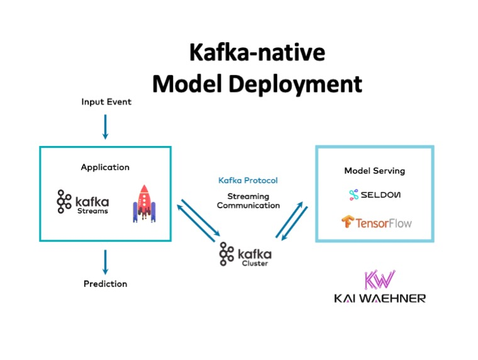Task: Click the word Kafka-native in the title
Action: point(257,53)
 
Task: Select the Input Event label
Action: point(106,101)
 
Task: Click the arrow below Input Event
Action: point(105,126)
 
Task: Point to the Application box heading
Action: point(105,167)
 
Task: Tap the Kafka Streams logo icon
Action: point(64,201)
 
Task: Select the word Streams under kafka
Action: point(93,211)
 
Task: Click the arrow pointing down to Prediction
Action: point(105,262)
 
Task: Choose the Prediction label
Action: point(105,284)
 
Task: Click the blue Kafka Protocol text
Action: point(248,181)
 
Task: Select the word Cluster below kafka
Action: point(253,263)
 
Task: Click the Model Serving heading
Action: point(374,171)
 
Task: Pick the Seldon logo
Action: point(374,195)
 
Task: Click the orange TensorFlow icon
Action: point(348,222)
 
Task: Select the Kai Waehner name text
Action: point(380,298)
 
